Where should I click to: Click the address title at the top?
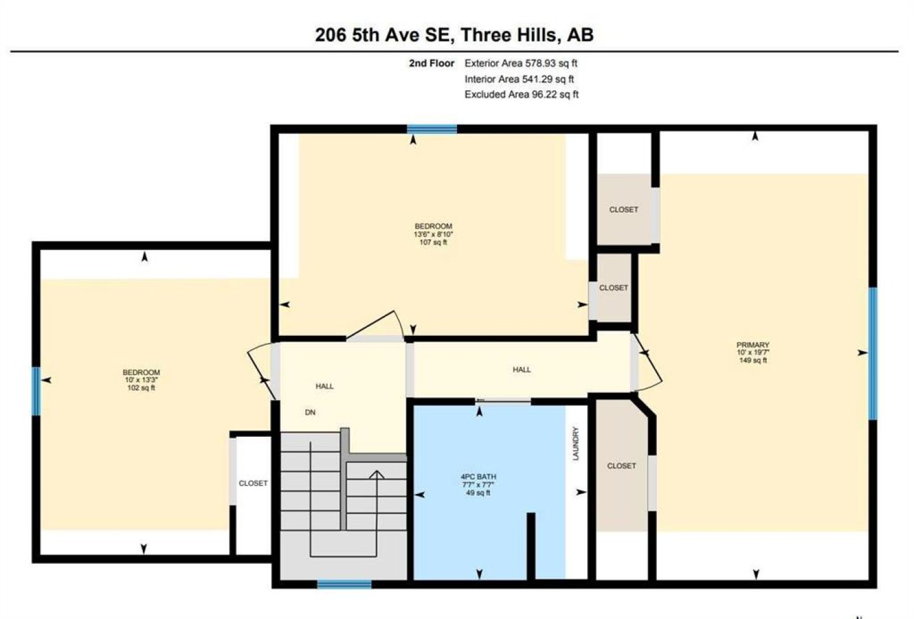pyautogui.click(x=454, y=35)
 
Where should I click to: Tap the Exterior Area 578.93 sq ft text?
pyautogui.click(x=520, y=63)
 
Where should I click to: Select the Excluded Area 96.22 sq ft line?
pyautogui.click(x=522, y=94)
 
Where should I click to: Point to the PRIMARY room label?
pyautogui.click(x=753, y=345)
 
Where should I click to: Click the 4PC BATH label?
pyautogui.click(x=478, y=477)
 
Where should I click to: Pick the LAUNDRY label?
pyautogui.click(x=576, y=444)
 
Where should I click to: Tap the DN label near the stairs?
pyautogui.click(x=310, y=412)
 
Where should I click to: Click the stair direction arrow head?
pyautogui.click(x=376, y=474)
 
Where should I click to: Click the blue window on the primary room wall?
pyautogui.click(x=872, y=354)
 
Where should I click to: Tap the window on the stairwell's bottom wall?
pyautogui.click(x=345, y=584)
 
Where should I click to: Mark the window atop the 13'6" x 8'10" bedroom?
pyautogui.click(x=432, y=129)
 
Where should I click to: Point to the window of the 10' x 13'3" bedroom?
pyautogui.click(x=36, y=391)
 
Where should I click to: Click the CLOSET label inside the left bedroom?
pyautogui.click(x=253, y=483)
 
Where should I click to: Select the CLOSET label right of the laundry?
pyautogui.click(x=621, y=465)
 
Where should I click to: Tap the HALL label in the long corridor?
pyautogui.click(x=522, y=369)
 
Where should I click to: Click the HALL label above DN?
pyautogui.click(x=324, y=386)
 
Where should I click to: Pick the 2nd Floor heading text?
pyautogui.click(x=432, y=63)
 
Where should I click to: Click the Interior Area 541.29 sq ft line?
pyautogui.click(x=519, y=79)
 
